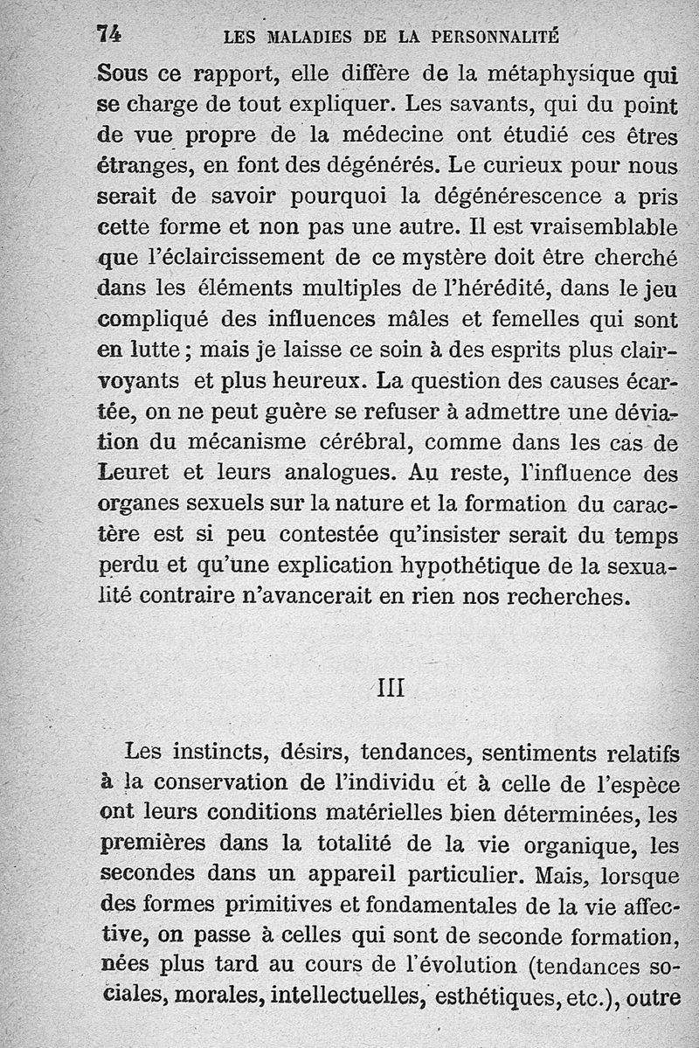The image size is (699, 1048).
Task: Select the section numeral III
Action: (390, 688)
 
